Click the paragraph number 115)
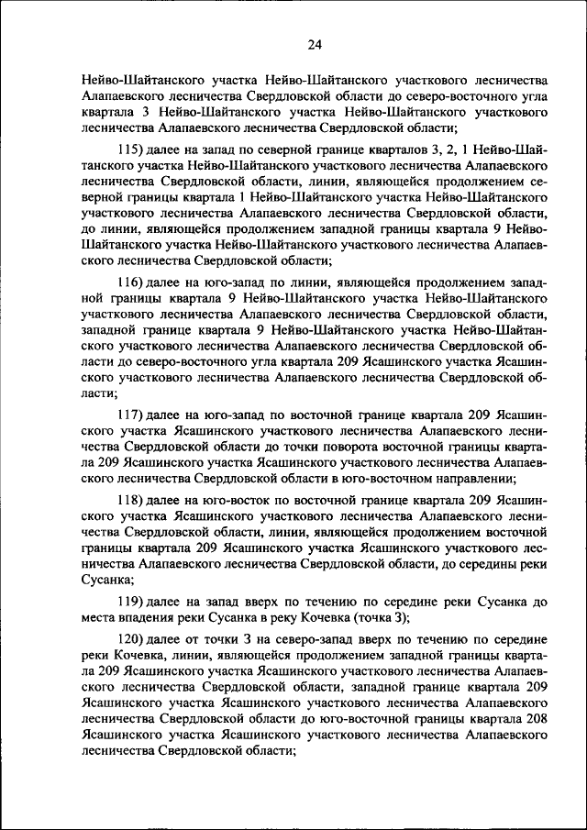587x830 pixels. [x=135, y=150]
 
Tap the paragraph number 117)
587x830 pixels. [x=135, y=415]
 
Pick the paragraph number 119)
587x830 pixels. [x=135, y=601]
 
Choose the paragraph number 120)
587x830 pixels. [x=135, y=637]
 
